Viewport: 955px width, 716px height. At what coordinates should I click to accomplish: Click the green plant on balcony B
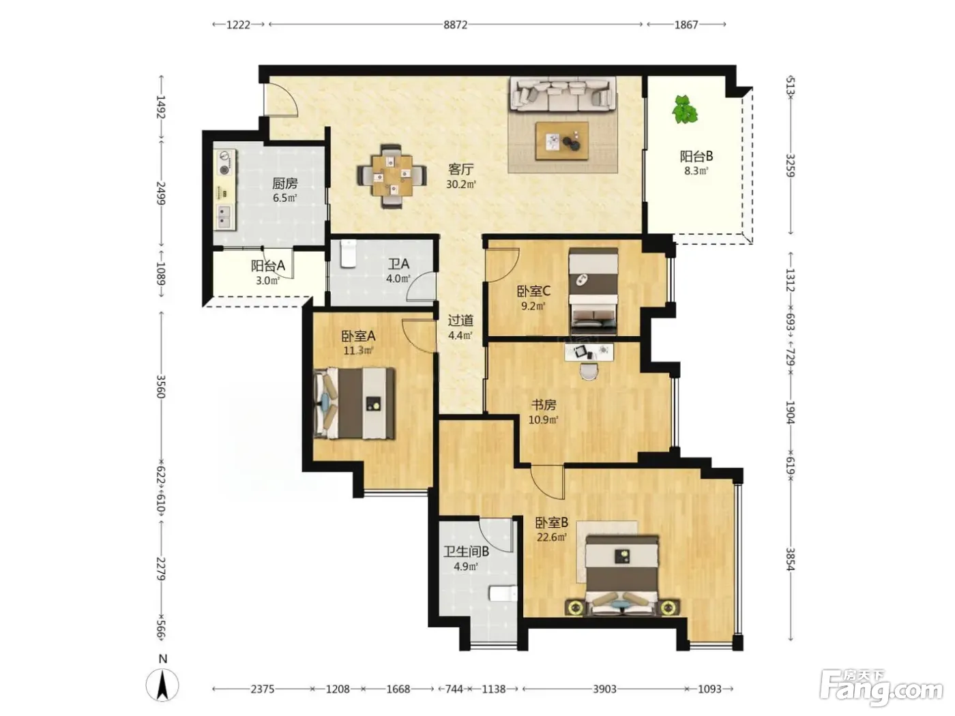(x=685, y=109)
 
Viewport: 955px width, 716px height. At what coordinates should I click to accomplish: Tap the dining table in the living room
(x=392, y=176)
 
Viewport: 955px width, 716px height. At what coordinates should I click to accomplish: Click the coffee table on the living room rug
(x=562, y=141)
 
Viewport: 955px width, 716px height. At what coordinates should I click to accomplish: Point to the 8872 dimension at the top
(x=455, y=25)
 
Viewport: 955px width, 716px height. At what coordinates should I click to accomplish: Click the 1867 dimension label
(x=686, y=25)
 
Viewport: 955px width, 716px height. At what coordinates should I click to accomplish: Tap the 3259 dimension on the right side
(x=791, y=165)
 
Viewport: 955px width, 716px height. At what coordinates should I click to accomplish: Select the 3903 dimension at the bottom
(x=604, y=689)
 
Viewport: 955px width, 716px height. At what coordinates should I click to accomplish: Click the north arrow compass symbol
(x=162, y=685)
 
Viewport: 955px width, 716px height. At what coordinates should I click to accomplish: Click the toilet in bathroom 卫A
(x=348, y=254)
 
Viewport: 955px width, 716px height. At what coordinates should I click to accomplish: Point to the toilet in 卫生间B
(x=503, y=593)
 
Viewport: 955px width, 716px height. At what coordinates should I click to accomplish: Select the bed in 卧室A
(x=355, y=403)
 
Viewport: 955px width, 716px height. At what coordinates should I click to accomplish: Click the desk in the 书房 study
(x=589, y=352)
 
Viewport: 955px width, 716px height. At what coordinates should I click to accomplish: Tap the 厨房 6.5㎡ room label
(x=285, y=190)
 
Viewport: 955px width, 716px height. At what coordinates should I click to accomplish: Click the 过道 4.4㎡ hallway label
(x=460, y=328)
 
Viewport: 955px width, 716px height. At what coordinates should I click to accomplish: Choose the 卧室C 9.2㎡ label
(x=533, y=298)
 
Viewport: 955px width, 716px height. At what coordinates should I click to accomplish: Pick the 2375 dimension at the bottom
(x=263, y=689)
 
